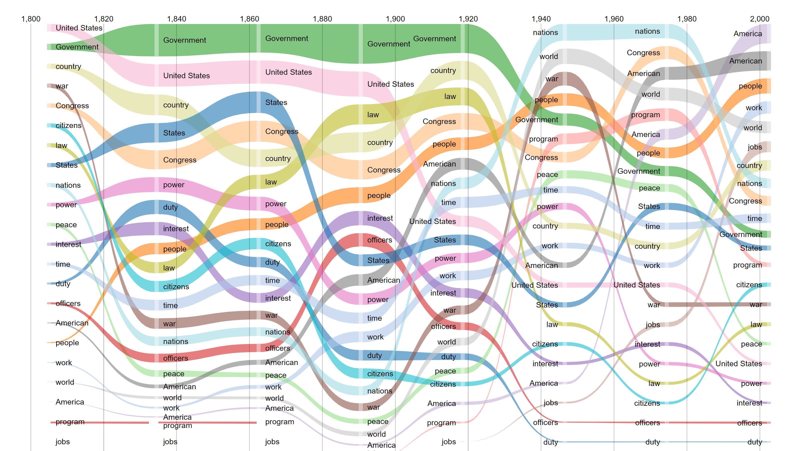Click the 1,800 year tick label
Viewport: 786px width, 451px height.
click(x=31, y=19)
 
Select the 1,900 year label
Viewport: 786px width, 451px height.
click(x=395, y=19)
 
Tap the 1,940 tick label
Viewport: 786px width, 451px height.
click(x=541, y=19)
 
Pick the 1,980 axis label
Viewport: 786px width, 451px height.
click(x=687, y=19)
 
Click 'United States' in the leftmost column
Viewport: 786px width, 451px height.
click(x=79, y=28)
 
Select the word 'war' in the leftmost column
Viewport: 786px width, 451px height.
click(x=62, y=86)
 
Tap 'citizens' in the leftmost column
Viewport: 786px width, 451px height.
click(x=68, y=125)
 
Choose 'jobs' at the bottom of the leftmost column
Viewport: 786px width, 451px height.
click(x=62, y=442)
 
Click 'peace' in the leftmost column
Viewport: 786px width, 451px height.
click(x=66, y=225)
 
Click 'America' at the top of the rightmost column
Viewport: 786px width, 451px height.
click(x=747, y=34)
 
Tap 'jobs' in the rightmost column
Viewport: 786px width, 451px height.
click(x=755, y=147)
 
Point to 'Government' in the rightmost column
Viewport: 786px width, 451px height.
click(x=741, y=234)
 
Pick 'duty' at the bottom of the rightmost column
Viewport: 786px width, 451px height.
click(x=755, y=442)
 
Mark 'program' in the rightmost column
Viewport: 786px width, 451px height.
click(x=747, y=265)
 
